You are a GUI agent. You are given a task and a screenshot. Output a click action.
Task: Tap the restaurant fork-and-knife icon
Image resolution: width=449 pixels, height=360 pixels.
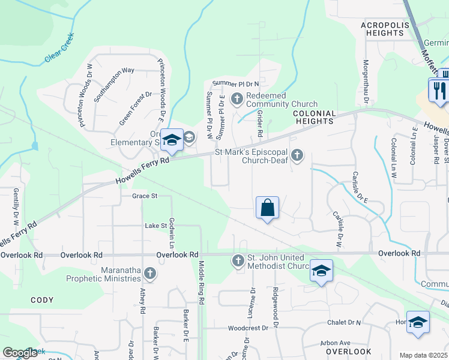439,90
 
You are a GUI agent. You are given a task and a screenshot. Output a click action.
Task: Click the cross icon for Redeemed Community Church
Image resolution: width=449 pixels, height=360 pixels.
237,98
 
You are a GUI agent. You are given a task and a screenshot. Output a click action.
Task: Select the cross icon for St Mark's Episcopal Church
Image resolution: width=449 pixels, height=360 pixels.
297,156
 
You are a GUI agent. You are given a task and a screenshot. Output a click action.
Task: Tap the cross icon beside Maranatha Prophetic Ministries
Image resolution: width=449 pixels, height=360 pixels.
149,274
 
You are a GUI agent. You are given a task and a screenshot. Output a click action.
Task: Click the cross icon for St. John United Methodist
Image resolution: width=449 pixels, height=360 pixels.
238,261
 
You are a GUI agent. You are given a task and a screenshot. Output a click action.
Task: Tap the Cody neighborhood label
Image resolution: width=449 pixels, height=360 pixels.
41,300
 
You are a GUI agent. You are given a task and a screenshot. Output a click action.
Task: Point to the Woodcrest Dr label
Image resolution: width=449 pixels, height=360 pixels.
248,328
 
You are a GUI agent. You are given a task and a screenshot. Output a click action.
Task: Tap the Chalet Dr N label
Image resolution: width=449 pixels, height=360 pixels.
344,323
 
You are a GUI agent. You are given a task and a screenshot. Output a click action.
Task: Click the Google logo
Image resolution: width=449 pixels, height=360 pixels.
20,353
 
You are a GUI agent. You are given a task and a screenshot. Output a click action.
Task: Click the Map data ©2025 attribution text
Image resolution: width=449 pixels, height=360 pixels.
424,355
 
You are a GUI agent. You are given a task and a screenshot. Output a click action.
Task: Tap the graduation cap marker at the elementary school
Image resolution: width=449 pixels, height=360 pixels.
172,141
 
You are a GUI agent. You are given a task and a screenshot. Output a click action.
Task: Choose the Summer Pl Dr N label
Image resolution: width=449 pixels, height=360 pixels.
235,83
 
